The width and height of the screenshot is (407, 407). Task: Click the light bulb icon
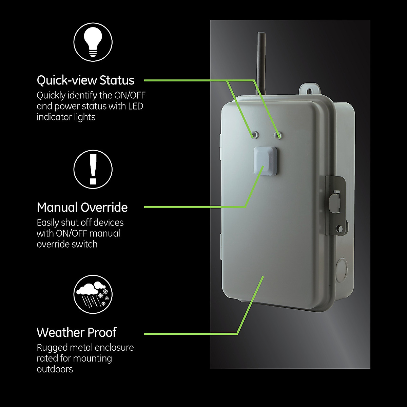[93, 43]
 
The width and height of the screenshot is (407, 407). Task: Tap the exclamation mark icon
[93, 169]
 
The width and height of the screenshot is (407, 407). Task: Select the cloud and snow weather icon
[93, 294]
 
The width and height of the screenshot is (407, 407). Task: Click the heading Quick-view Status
[85, 80]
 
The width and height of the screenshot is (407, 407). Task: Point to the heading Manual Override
[82, 207]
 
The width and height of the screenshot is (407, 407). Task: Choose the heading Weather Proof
[77, 332]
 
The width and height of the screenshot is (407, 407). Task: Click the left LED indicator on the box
[255, 134]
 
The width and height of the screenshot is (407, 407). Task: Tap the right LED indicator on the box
[278, 135]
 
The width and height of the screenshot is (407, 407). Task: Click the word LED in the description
[136, 106]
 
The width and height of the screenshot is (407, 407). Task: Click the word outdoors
[55, 369]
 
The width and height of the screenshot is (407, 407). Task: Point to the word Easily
[47, 223]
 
